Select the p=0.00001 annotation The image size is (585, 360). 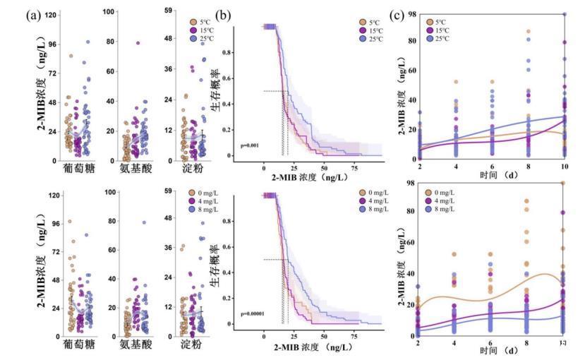254,312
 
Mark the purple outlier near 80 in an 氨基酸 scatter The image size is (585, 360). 138,43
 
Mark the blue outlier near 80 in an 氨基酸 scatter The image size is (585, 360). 143,222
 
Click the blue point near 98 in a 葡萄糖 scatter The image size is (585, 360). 88,42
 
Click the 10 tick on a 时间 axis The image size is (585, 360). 565,164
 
